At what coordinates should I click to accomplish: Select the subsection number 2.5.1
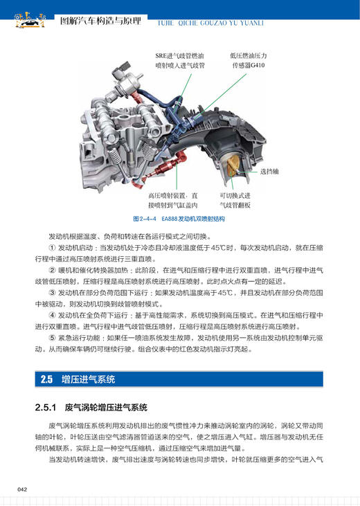pyautogui.click(x=48, y=407)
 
